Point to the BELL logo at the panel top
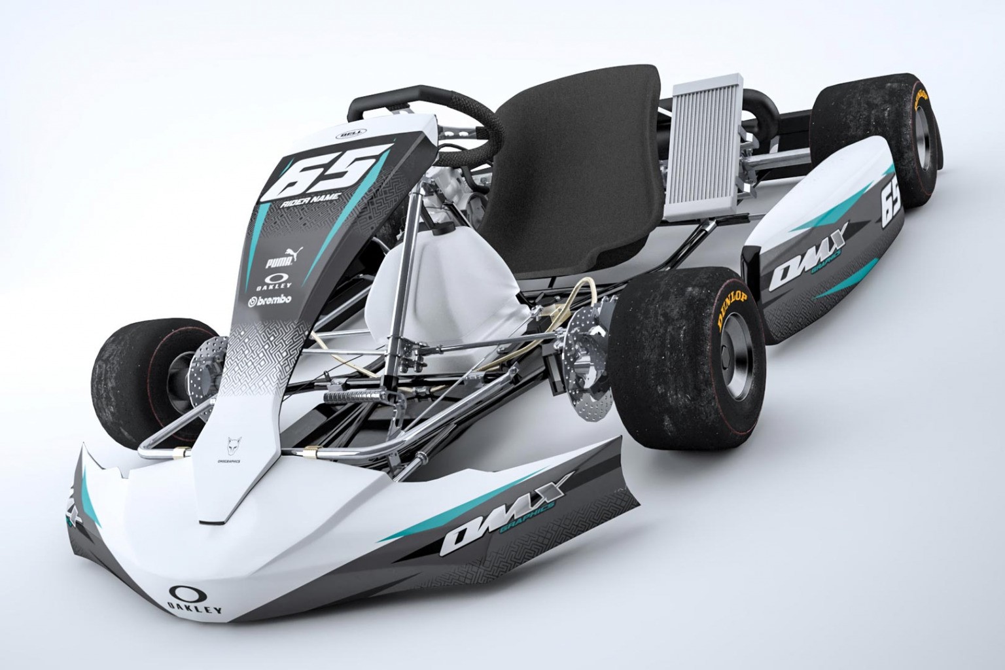[345, 135]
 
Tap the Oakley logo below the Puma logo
[274, 281]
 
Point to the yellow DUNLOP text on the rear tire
[921, 102]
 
